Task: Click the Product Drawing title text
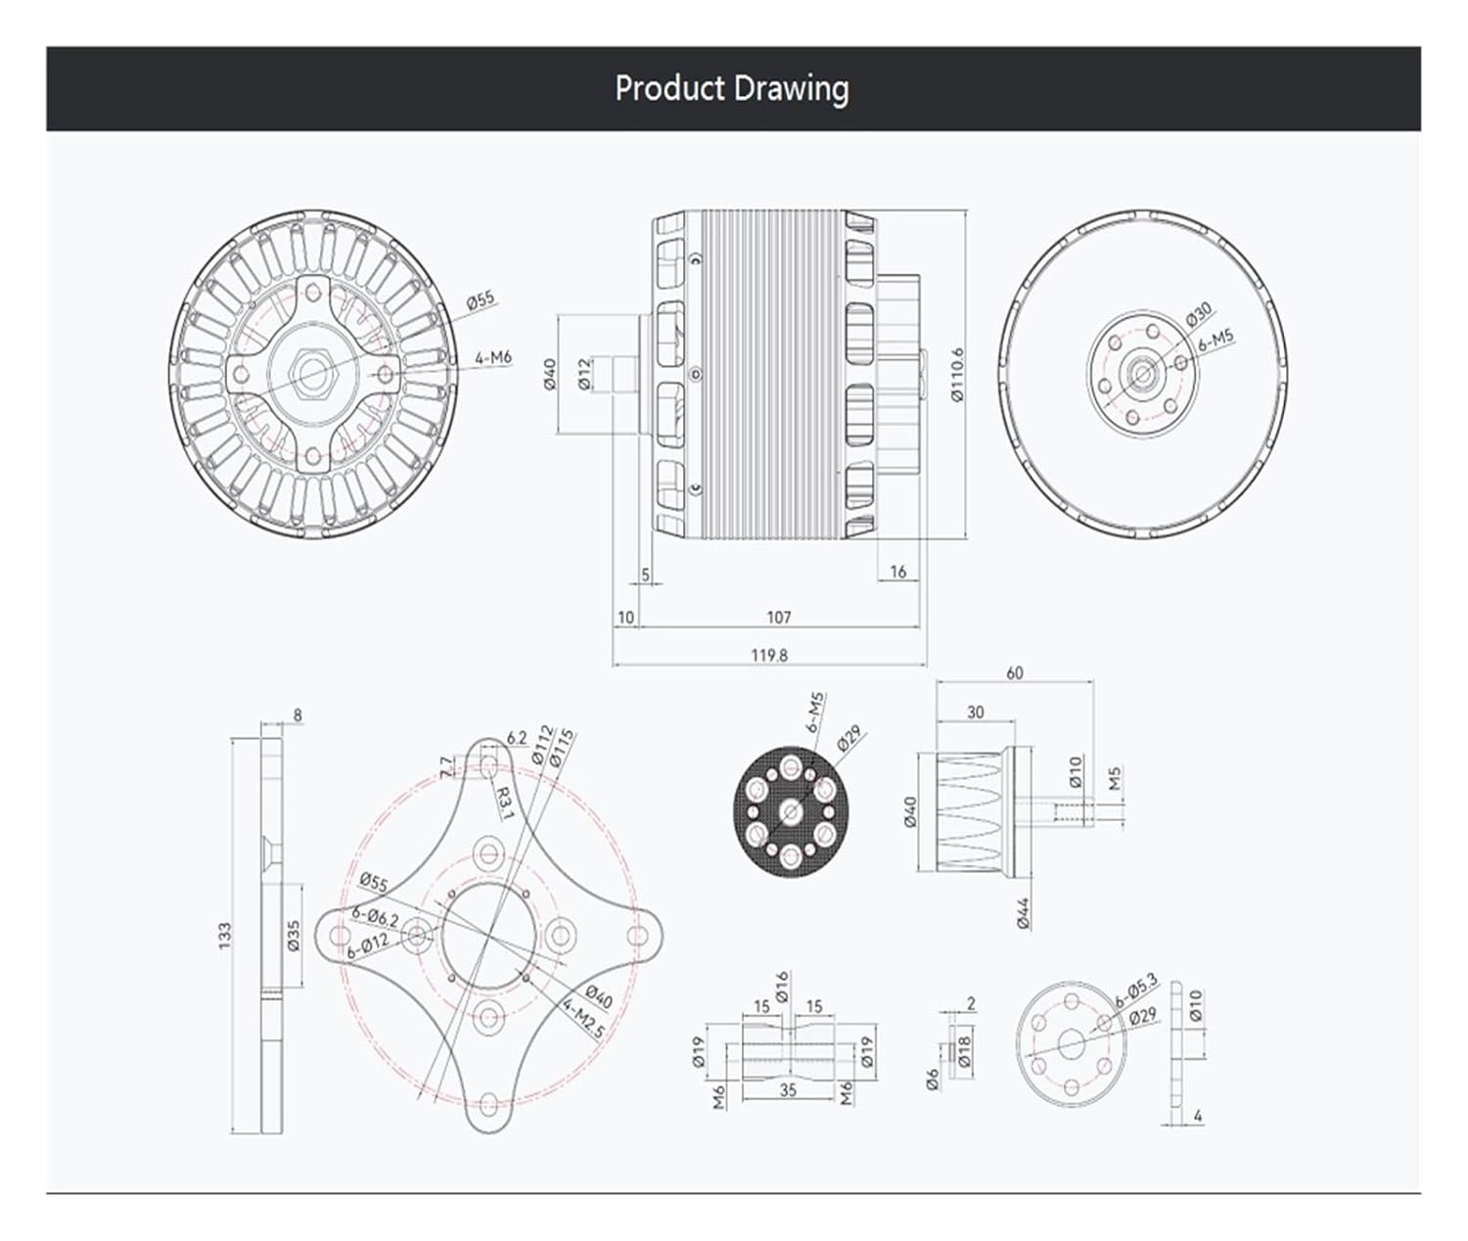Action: tap(732, 89)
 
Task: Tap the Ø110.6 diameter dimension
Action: tap(958, 375)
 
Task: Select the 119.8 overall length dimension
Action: tap(769, 655)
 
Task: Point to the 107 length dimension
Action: tap(779, 618)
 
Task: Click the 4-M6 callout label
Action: tap(493, 357)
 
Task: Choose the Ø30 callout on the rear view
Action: tap(1200, 313)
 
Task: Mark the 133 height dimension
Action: tap(225, 936)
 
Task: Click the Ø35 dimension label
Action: tap(294, 936)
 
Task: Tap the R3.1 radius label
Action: tap(504, 803)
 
